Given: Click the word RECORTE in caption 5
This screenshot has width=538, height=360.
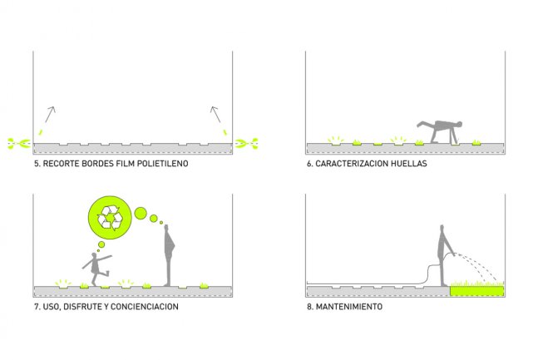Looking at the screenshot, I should point(62,164).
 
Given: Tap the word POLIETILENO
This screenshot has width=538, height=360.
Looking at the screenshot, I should point(159,164).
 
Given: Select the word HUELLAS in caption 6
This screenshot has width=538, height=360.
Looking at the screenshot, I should point(405,164).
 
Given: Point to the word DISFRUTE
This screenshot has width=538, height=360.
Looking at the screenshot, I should point(79,306).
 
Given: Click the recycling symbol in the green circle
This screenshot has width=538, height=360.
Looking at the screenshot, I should point(110,219).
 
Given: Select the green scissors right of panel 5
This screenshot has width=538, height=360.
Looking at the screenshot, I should point(244,144).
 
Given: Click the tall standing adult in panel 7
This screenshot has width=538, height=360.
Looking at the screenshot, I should point(170,254).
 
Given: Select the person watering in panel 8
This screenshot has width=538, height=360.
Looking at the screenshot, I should point(444,254).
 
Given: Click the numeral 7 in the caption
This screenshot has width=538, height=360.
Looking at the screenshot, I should point(36,306).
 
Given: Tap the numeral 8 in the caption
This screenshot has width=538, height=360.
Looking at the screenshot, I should point(308,306).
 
